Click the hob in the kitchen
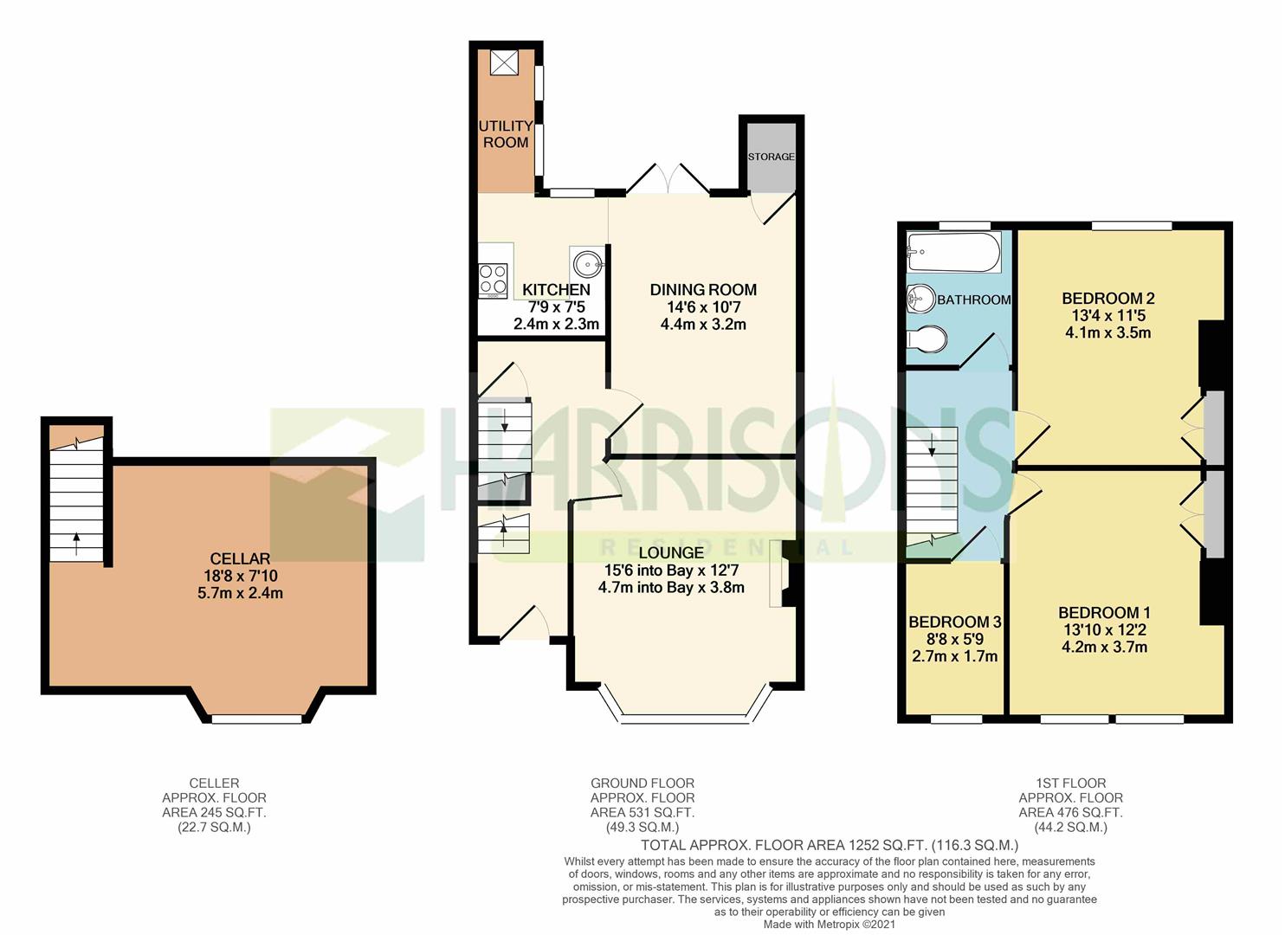click(494, 280)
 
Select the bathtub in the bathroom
click(954, 252)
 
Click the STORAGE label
click(771, 157)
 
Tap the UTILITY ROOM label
click(506, 133)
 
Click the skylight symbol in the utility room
click(504, 62)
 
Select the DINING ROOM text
click(703, 290)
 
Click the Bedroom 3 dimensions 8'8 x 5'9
click(955, 638)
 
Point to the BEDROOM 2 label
click(1107, 299)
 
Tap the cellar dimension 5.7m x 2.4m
click(241, 593)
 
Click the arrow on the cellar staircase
click(77, 545)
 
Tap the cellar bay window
click(257, 719)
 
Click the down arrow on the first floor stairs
click(932, 444)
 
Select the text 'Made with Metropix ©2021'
click(829, 924)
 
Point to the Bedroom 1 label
click(1104, 613)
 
